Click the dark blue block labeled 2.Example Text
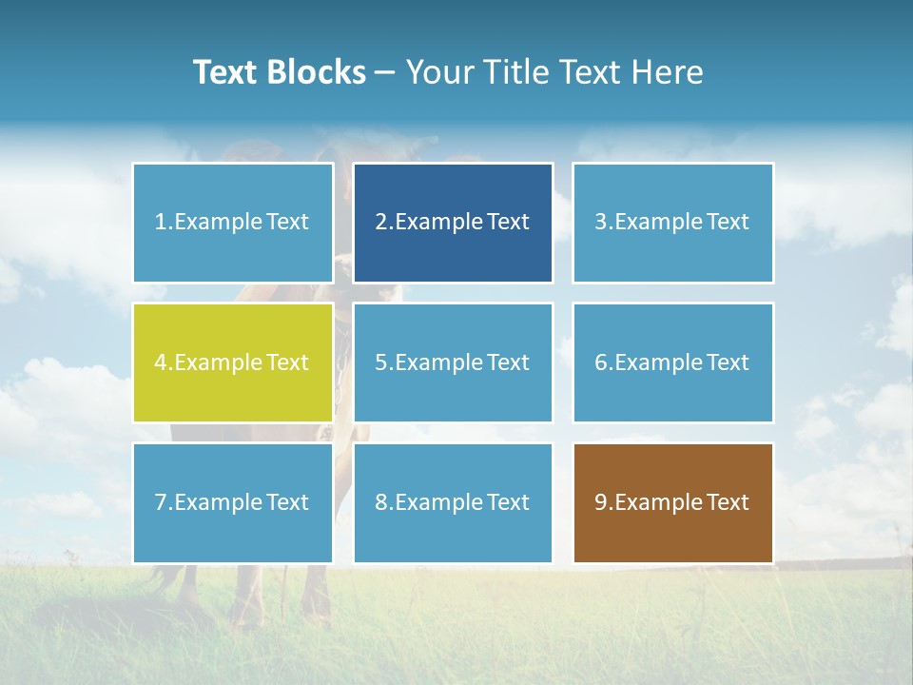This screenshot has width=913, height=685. click(x=453, y=223)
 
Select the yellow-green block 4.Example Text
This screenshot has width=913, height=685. click(x=233, y=362)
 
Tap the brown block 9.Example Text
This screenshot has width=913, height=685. click(x=672, y=502)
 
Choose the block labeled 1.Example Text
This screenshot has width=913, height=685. click(x=233, y=223)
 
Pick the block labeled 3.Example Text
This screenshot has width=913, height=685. click(x=672, y=223)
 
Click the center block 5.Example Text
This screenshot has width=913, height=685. click(x=453, y=362)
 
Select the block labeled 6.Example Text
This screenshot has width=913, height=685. click(x=672, y=362)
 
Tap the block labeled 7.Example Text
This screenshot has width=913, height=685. click(x=233, y=502)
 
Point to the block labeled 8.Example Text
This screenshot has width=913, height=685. click(x=453, y=502)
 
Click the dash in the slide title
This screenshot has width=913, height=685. click(x=385, y=73)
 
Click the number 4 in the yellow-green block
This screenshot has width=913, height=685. click(x=161, y=362)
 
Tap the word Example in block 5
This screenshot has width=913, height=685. click(x=438, y=362)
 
